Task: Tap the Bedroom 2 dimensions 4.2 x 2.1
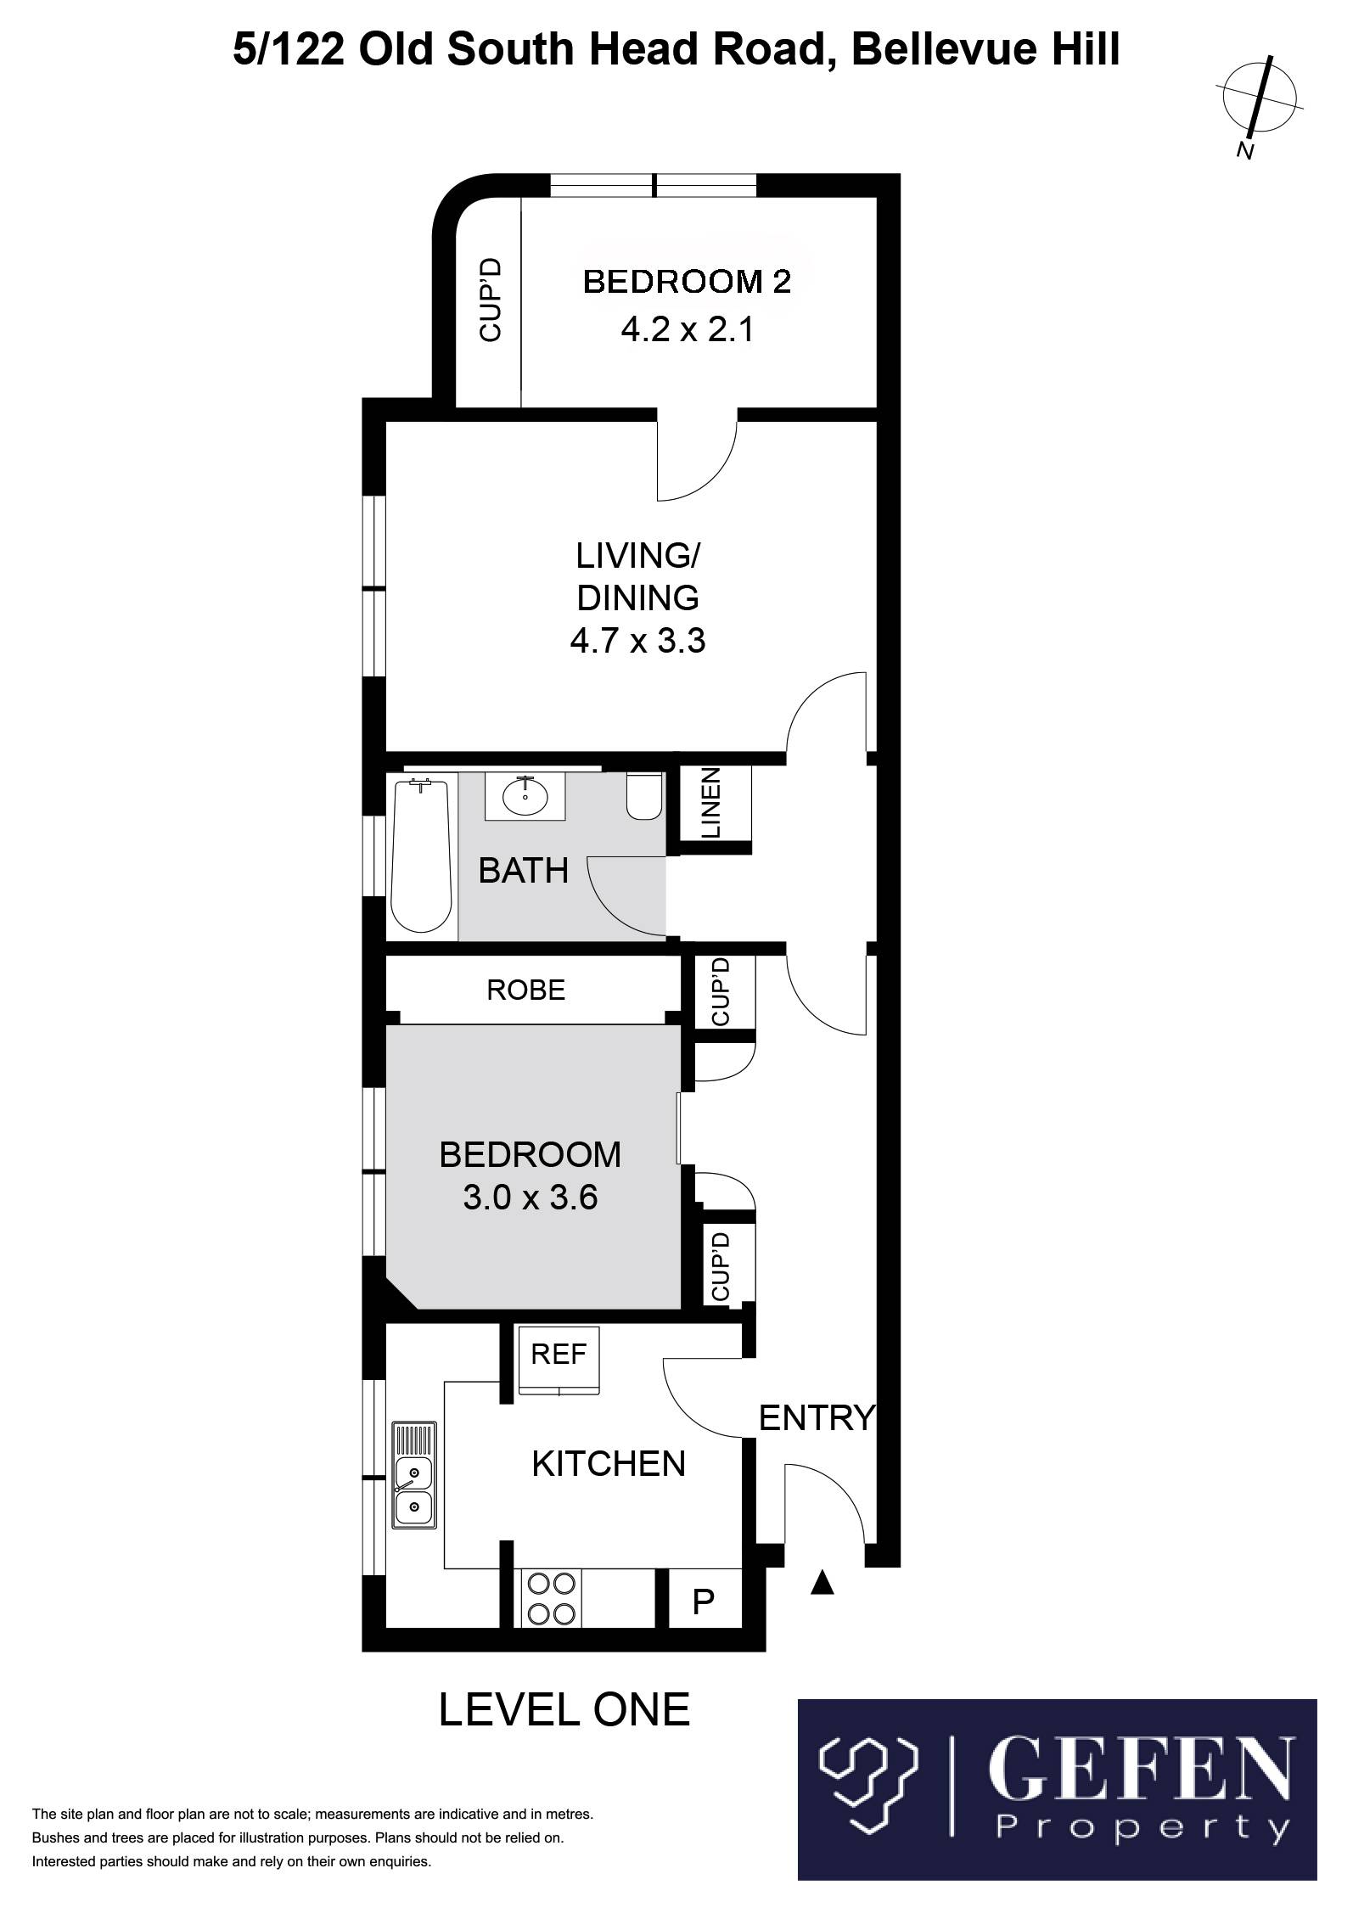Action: [x=688, y=329]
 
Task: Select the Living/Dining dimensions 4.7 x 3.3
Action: [x=637, y=641]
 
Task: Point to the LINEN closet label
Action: [x=711, y=803]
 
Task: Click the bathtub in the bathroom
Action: [x=421, y=856]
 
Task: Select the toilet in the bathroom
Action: [x=644, y=796]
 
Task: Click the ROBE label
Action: [x=526, y=990]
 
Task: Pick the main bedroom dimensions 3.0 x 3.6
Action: [x=531, y=1198]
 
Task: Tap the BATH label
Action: [x=523, y=871]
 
